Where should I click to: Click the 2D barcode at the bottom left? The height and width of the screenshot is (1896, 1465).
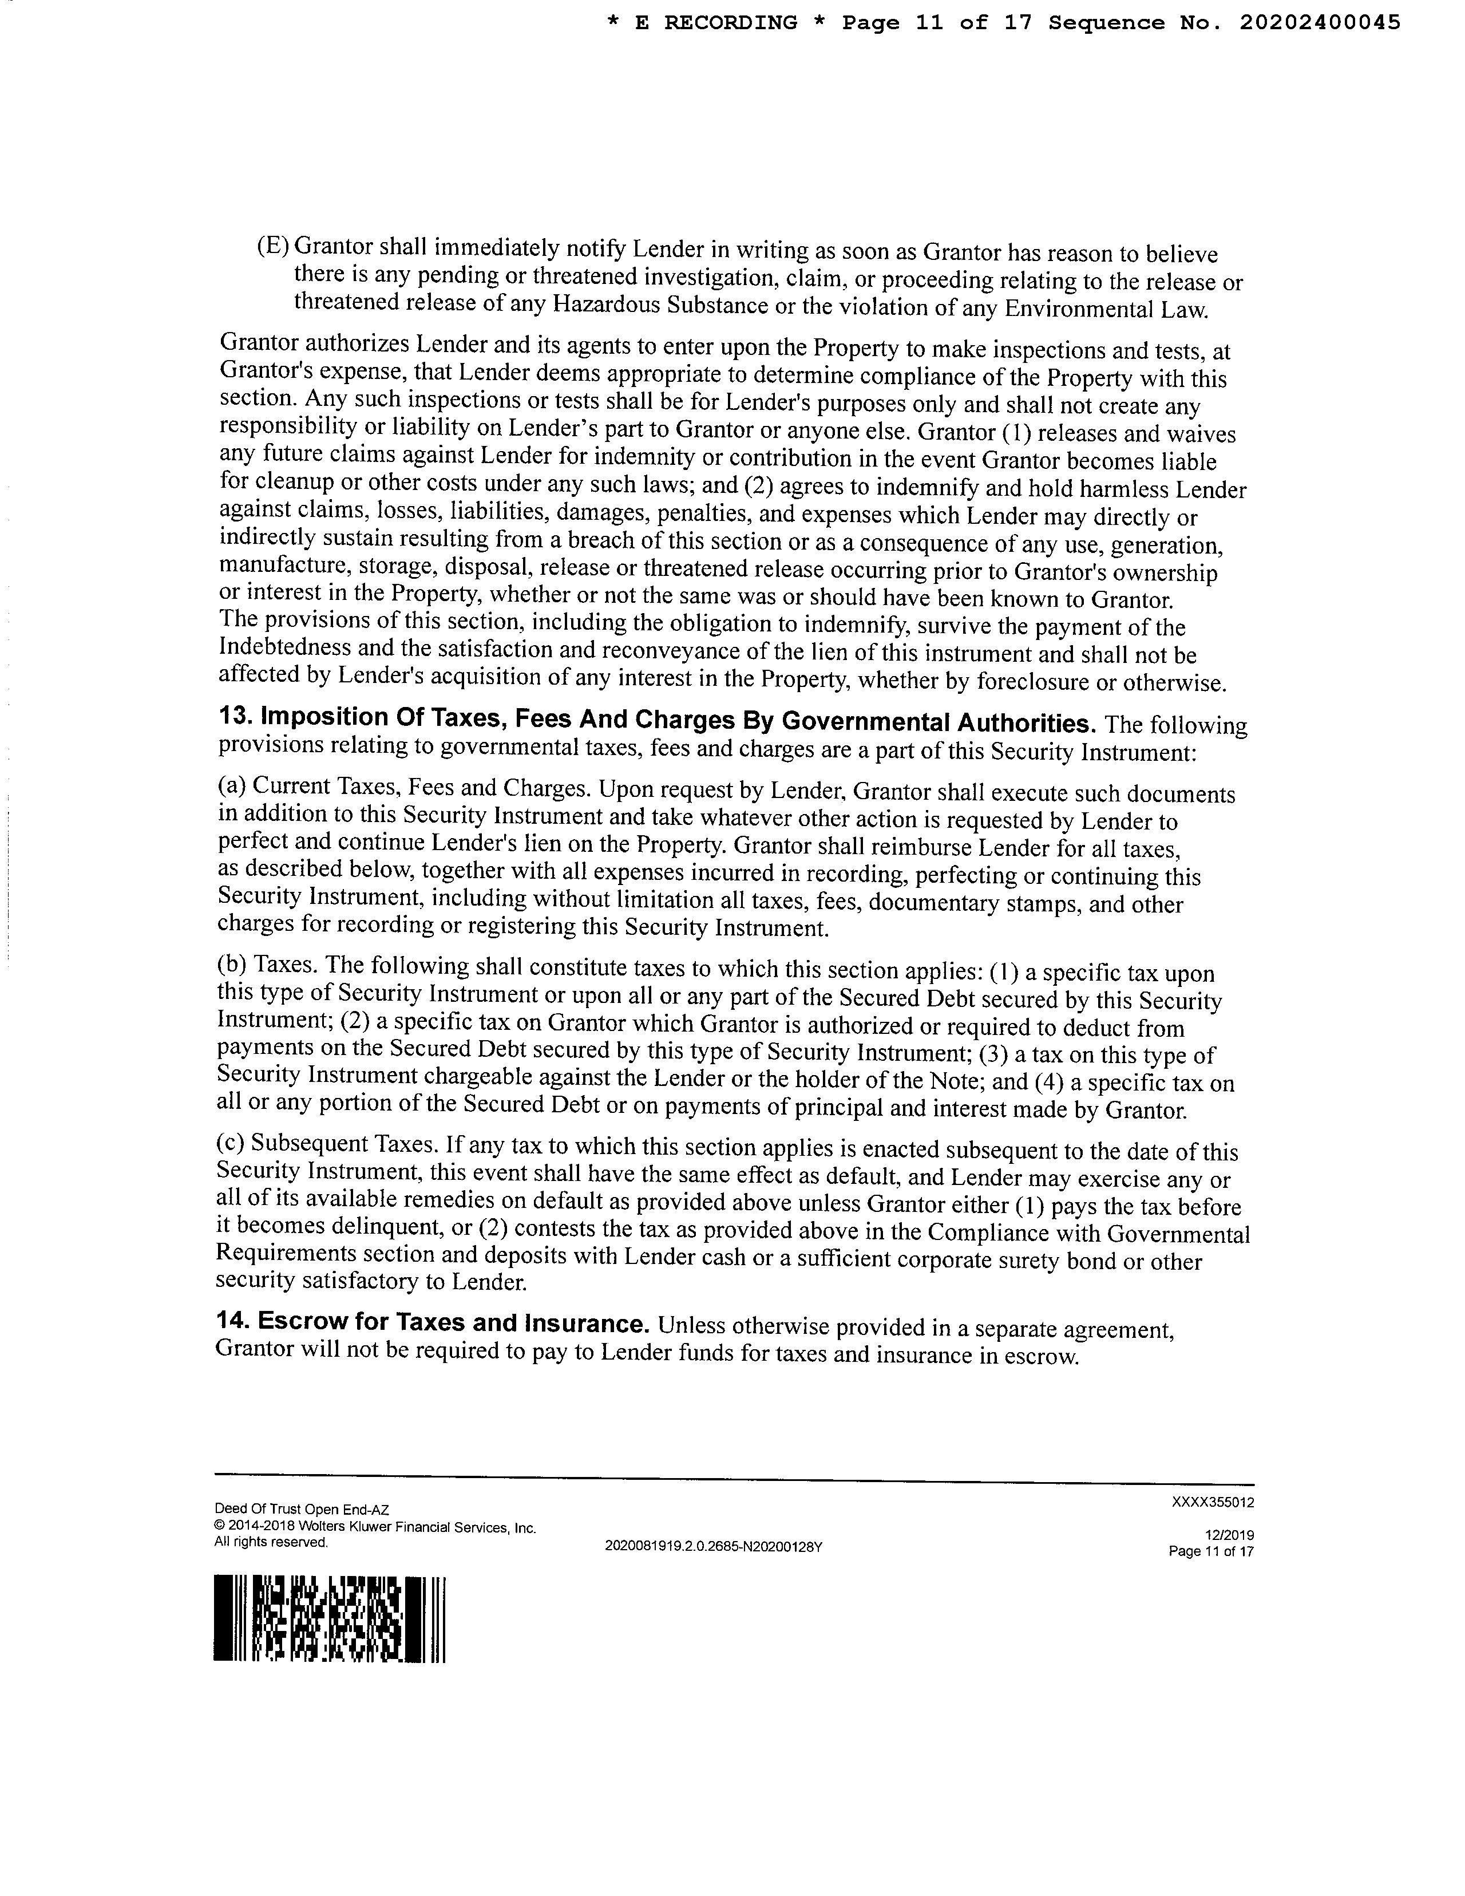(329, 1618)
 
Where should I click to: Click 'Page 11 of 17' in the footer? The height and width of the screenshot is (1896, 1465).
(1211, 1551)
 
